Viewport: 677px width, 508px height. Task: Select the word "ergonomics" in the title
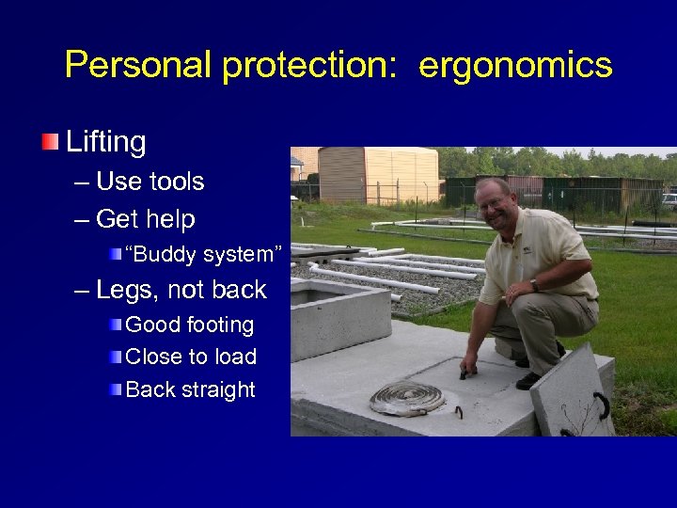pos(515,65)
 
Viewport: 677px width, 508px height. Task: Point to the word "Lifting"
pos(105,142)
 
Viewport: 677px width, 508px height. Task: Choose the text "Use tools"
pos(150,181)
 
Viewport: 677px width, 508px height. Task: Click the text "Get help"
pos(145,219)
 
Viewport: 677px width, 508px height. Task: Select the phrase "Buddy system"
pos(203,253)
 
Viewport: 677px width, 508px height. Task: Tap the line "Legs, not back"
pos(181,290)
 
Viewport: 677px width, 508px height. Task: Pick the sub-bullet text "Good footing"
pos(189,325)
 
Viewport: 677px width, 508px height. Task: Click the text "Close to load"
pos(191,357)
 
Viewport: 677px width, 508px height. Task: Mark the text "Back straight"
pos(190,389)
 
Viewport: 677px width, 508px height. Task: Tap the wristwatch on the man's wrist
pos(534,285)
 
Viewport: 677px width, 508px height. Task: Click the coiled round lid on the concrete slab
pos(407,397)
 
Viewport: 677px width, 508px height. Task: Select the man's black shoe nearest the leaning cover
pos(528,380)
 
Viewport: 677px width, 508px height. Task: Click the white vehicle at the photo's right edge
pos(669,199)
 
